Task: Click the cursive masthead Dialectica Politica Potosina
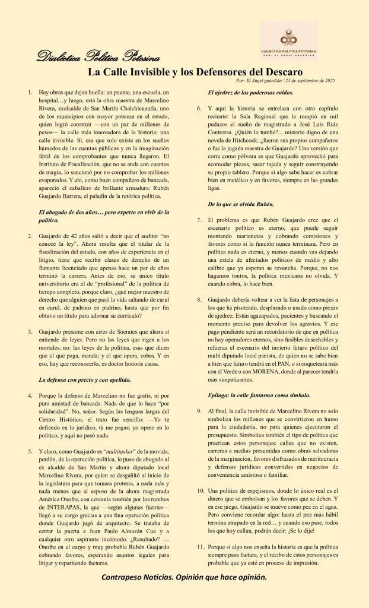(x=98, y=58)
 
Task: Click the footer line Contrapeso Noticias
(x=184, y=577)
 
